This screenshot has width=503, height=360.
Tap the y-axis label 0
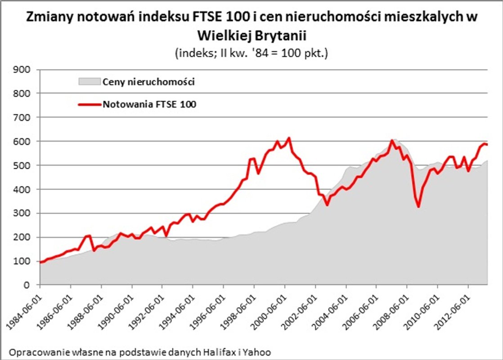(x=27, y=285)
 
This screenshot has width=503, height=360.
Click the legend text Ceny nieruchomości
(x=148, y=82)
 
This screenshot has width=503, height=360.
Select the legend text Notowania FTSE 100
(x=150, y=104)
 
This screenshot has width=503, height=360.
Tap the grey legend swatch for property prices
(x=89, y=82)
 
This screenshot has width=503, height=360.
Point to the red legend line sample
(x=89, y=104)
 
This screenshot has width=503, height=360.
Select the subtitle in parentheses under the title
(x=251, y=53)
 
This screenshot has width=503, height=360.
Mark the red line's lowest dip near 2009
(x=419, y=207)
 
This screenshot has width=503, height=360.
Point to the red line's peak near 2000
(x=289, y=138)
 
